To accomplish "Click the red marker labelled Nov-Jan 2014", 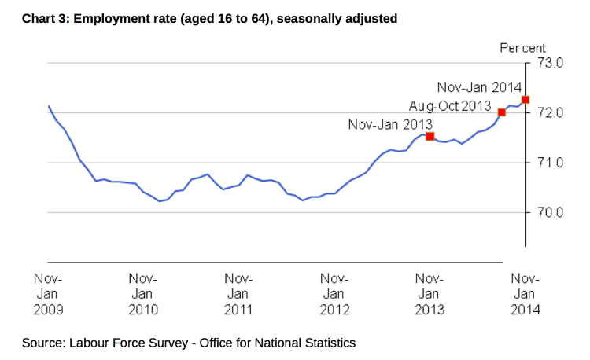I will pyautogui.click(x=525, y=100).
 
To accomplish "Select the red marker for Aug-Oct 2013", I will pyautogui.click(x=502, y=112).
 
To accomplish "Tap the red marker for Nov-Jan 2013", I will pyautogui.click(x=430, y=137).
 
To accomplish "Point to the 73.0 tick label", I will pyautogui.click(x=550, y=63).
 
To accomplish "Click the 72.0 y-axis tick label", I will pyautogui.click(x=550, y=113).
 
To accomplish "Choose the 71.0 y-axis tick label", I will pyautogui.click(x=550, y=163).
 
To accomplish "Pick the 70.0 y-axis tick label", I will pyautogui.click(x=550, y=212).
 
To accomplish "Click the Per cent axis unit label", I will pyautogui.click(x=523, y=48).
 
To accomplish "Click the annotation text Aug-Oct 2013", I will pyautogui.click(x=450, y=105).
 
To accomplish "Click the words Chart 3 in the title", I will pyautogui.click(x=46, y=17).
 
